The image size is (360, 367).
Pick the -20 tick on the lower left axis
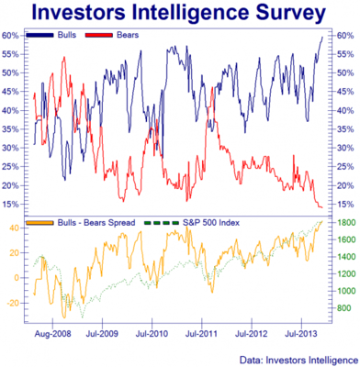tap(14, 302)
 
